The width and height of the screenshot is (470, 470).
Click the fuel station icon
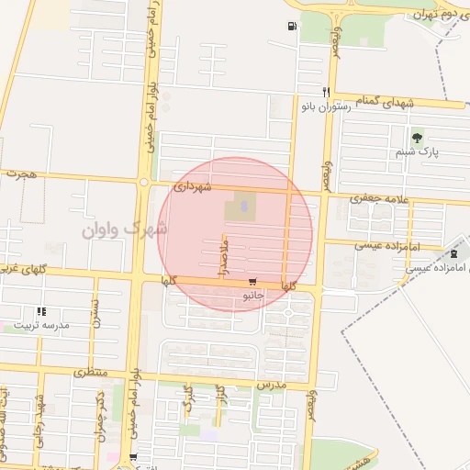[292, 27]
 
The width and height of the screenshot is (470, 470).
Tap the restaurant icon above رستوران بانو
[325, 93]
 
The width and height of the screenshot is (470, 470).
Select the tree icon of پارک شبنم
[418, 139]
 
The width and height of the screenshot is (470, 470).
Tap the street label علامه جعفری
[378, 197]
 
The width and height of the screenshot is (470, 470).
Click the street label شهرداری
[192, 186]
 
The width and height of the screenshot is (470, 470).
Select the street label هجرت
[18, 173]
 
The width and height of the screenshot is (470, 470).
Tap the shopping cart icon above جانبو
[252, 282]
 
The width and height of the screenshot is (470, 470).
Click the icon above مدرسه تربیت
[39, 312]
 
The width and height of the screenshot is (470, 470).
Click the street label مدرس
[273, 386]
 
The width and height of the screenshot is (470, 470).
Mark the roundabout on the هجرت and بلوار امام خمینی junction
[144, 182]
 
